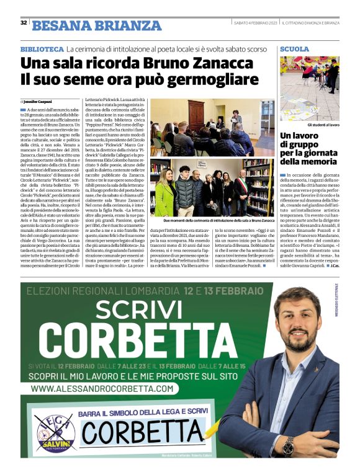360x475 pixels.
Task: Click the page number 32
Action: coord(23,23)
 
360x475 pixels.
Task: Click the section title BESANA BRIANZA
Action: coord(96,25)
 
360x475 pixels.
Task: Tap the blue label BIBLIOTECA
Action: coord(42,48)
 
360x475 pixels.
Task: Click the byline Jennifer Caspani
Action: coord(38,101)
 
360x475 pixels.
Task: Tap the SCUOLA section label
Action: coord(294,48)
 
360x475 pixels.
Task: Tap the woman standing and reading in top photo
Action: coord(236,121)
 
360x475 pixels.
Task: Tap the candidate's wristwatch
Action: coord(287,445)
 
